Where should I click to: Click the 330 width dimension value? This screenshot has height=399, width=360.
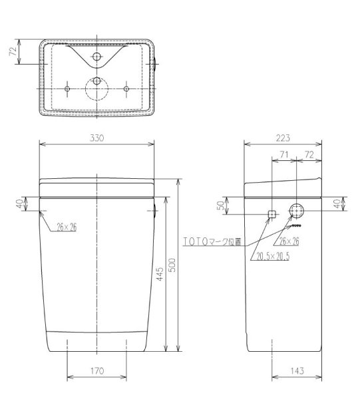[x=96, y=138]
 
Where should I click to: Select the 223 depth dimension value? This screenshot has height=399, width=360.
[x=283, y=138]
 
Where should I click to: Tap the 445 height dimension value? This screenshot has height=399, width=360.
[x=160, y=274]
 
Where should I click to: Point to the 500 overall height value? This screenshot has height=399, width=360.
[x=172, y=265]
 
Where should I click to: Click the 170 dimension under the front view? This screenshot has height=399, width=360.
[x=97, y=371]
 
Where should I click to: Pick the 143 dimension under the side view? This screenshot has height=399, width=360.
[x=297, y=371]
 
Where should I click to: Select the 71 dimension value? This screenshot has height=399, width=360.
[x=284, y=154]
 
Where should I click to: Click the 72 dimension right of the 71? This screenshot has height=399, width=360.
[x=309, y=154]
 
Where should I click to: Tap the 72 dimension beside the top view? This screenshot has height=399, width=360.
[x=13, y=51]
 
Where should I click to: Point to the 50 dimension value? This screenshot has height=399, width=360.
[x=220, y=205]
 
